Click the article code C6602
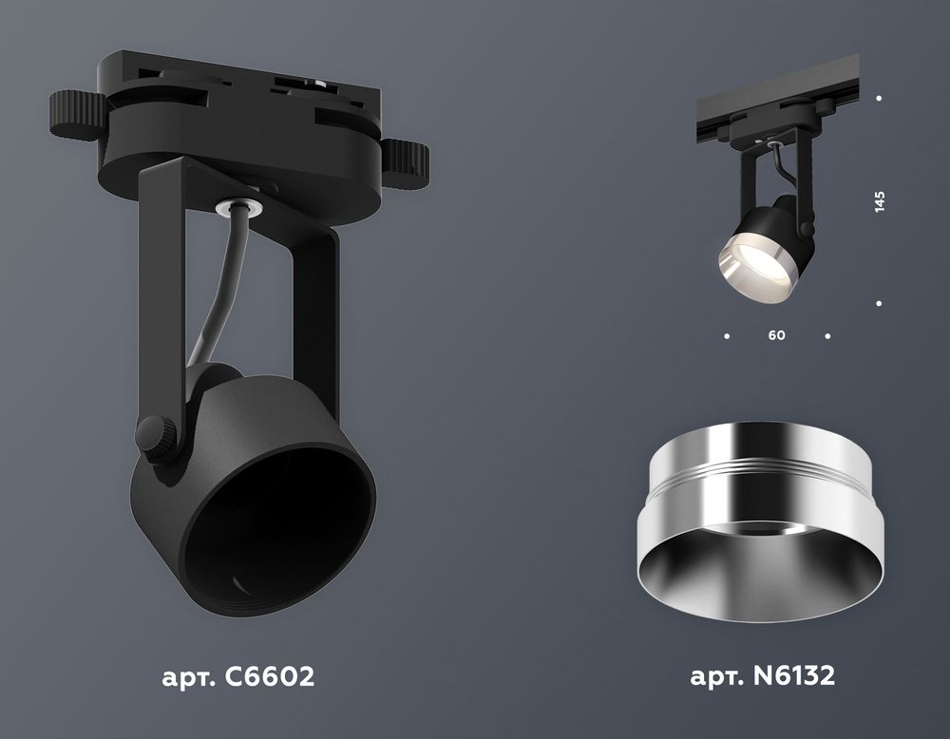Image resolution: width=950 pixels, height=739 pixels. point(266,677)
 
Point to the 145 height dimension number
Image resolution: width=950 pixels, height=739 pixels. point(880,201)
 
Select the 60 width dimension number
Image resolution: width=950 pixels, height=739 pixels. point(777,336)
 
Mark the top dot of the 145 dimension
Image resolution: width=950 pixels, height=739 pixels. point(880,98)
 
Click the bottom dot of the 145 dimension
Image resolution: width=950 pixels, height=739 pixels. point(880,303)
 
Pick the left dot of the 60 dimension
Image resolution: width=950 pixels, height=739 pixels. point(727,336)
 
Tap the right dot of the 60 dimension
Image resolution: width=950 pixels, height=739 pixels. point(828,336)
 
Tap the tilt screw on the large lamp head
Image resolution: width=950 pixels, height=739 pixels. point(157,436)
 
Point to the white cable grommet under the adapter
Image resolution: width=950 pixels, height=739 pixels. point(233,203)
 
